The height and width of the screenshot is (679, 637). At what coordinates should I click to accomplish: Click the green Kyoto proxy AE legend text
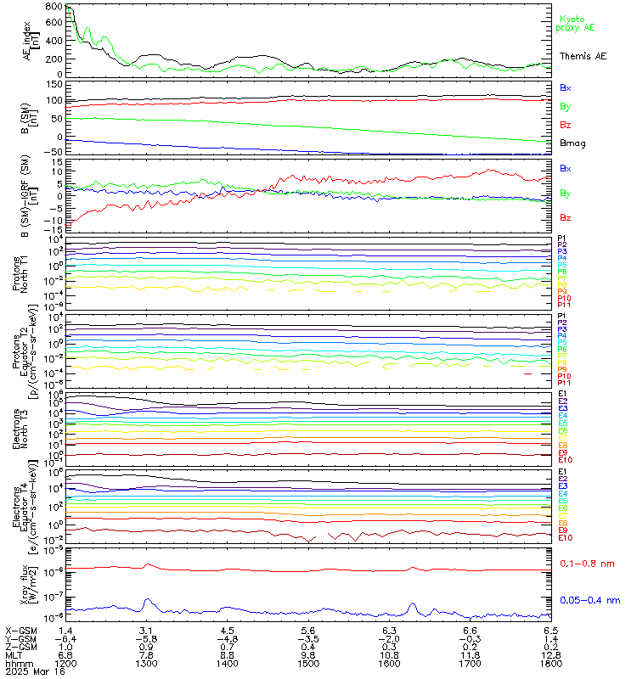575,23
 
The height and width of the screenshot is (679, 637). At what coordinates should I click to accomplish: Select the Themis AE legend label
583,55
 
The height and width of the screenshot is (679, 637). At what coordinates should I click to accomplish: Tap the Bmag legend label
572,143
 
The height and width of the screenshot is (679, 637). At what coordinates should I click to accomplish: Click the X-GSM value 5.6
308,631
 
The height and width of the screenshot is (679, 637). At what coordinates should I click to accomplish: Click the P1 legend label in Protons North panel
562,238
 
